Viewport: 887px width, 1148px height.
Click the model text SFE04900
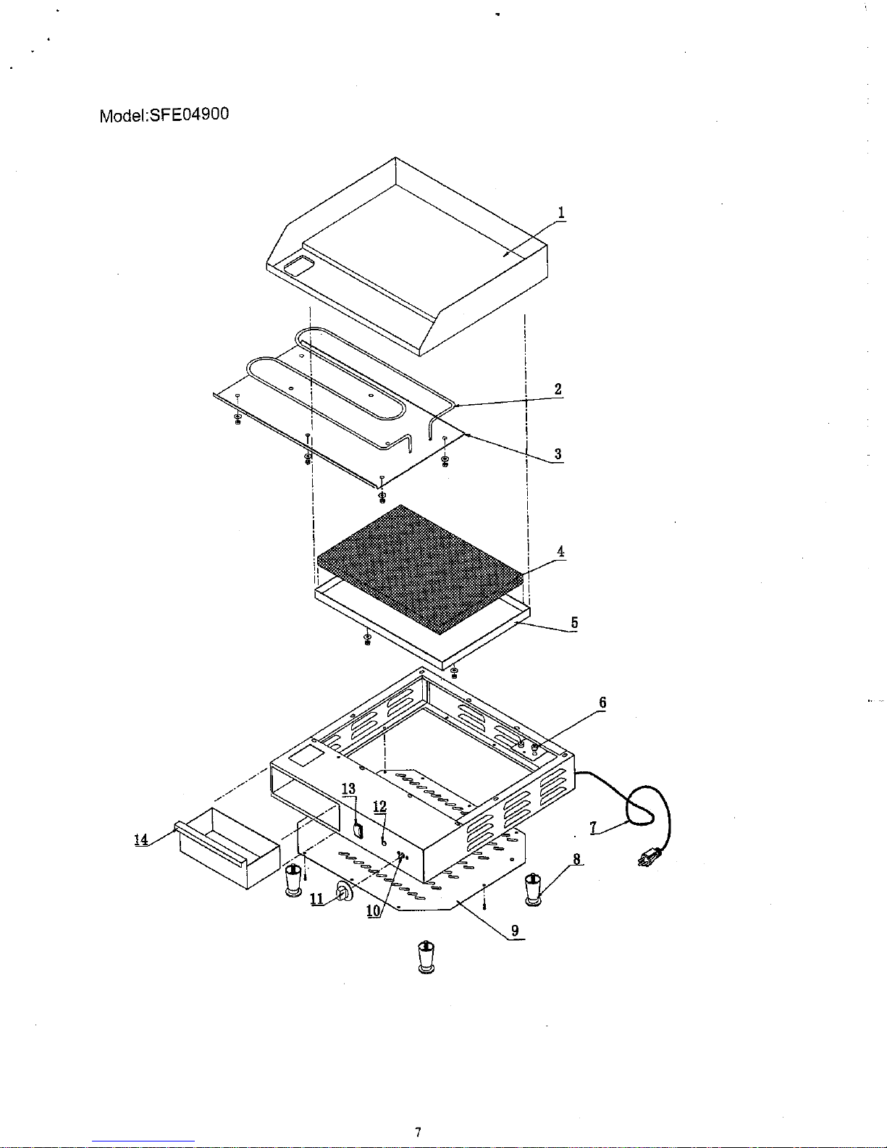[164, 115]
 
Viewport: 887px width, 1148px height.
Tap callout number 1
[561, 212]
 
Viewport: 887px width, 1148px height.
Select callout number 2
[558, 389]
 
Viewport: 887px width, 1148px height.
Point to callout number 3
[558, 454]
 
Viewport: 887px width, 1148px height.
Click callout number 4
[560, 551]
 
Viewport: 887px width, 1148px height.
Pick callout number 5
[574, 622]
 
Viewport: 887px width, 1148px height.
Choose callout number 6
[602, 703]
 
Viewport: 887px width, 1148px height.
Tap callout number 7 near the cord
[593, 828]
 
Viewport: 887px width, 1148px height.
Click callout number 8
[576, 860]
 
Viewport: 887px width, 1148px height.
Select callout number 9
[514, 931]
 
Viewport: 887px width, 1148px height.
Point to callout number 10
[374, 912]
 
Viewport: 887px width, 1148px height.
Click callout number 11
[316, 899]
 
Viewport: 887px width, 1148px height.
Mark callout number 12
[379, 807]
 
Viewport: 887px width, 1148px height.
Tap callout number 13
[349, 789]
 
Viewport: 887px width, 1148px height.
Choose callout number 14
[140, 839]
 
